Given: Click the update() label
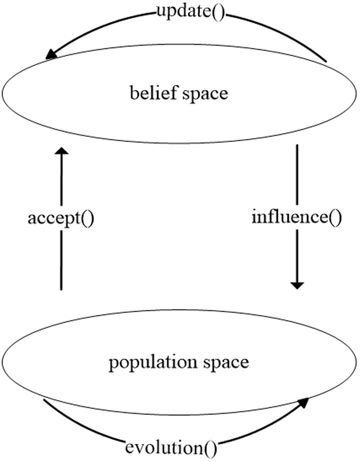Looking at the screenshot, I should (190, 12).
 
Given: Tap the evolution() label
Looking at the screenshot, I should (171, 447).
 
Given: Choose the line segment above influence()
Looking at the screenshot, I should (297, 174).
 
